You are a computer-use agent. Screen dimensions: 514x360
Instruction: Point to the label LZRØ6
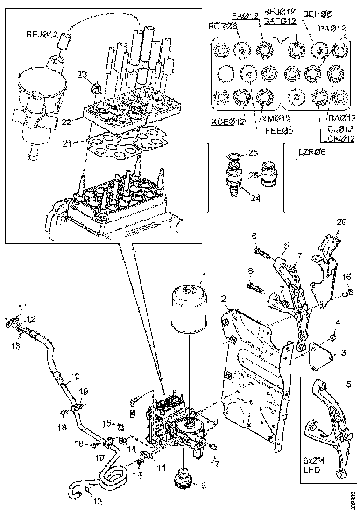(312, 152)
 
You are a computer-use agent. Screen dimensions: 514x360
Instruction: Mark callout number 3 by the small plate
(343, 353)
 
